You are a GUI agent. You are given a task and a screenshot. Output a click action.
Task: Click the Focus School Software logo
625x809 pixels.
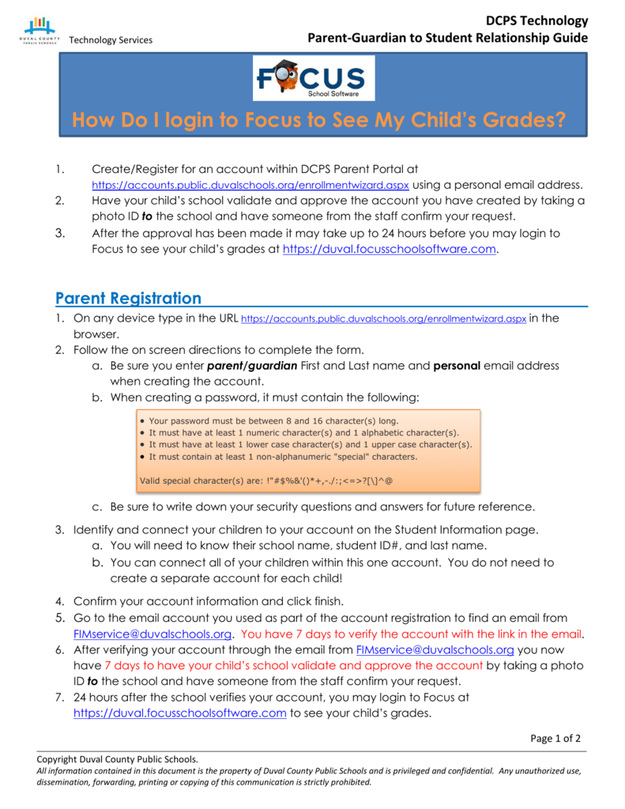[x=314, y=78]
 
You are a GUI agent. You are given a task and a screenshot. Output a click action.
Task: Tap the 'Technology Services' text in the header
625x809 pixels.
[x=111, y=40]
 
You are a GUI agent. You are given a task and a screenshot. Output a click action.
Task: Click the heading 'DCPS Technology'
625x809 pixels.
[x=537, y=21]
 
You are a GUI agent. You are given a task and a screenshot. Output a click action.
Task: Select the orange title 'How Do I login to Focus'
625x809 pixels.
[x=318, y=121]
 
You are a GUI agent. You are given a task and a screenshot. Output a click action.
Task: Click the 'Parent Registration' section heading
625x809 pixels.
[x=128, y=298]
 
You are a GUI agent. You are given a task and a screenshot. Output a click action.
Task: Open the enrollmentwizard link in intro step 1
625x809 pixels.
[x=250, y=186]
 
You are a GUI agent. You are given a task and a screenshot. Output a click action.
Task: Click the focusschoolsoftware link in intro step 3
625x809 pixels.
[x=390, y=249]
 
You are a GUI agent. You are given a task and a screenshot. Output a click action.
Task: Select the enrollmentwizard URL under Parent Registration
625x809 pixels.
[x=382, y=319]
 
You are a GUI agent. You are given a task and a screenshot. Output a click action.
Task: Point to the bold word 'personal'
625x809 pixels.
[x=457, y=366]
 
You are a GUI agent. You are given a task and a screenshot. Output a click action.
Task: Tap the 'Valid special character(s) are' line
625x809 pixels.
[x=265, y=480]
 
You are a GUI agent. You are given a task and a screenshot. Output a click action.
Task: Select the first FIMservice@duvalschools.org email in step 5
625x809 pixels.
[x=152, y=634]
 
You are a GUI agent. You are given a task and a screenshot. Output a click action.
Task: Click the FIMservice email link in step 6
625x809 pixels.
[x=435, y=649]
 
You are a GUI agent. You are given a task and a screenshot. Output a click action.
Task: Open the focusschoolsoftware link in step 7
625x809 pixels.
[x=179, y=713]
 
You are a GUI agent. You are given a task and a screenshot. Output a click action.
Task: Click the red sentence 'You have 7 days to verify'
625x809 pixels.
[x=412, y=634]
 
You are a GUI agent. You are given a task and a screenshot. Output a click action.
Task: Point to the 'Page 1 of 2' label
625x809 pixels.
[x=555, y=739]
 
